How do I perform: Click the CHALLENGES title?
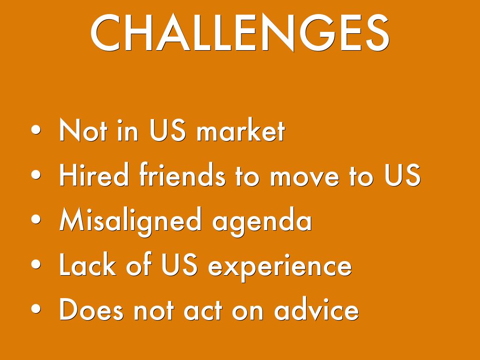[x=240, y=33]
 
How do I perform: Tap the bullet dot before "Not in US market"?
[x=36, y=129]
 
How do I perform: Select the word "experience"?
[x=280, y=266]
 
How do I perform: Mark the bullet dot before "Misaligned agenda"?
[x=36, y=219]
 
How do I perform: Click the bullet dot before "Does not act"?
[x=36, y=309]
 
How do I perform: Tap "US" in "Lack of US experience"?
[x=180, y=264]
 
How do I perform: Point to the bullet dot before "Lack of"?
[x=36, y=264]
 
